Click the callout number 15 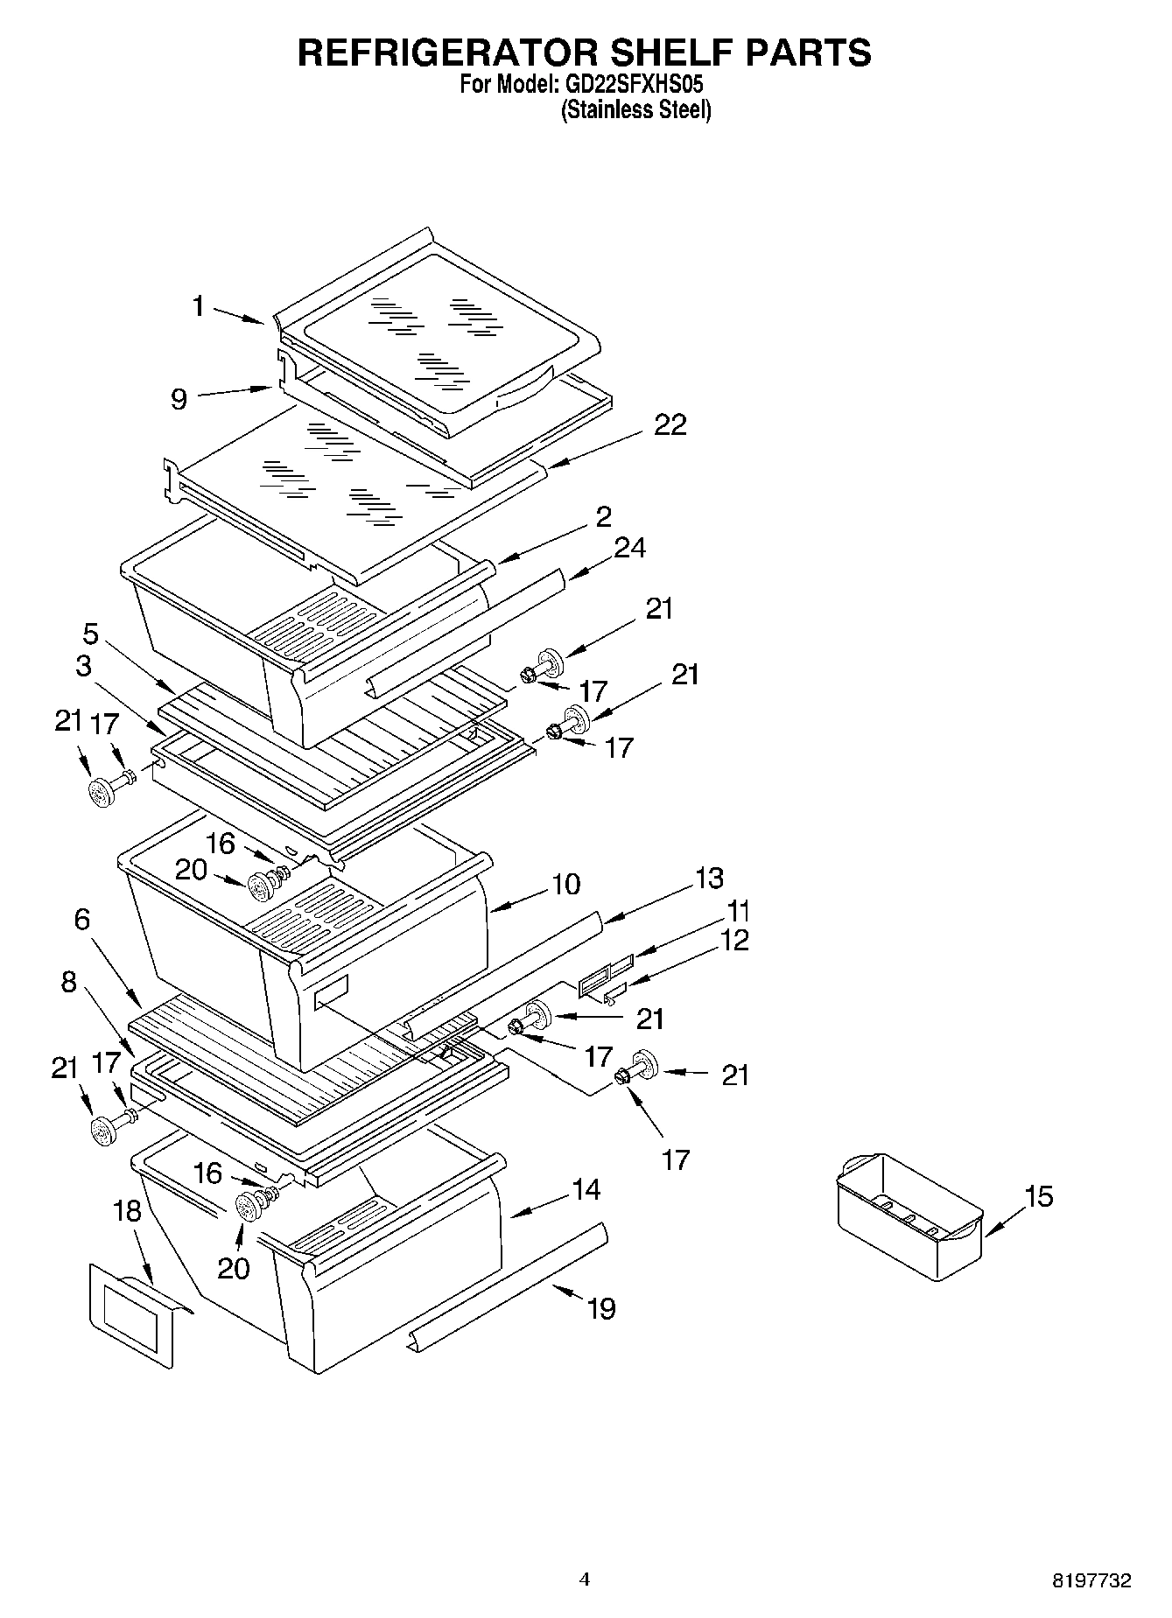click(x=1038, y=1195)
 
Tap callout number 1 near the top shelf click(x=199, y=306)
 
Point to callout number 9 click(x=179, y=399)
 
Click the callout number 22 click(x=670, y=424)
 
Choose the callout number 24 click(x=629, y=548)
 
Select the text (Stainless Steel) click(x=635, y=110)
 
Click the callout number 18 click(x=128, y=1211)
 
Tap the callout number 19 click(x=601, y=1309)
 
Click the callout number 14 click(x=586, y=1190)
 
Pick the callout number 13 click(x=709, y=878)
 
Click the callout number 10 click(x=566, y=884)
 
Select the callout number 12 click(x=736, y=941)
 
